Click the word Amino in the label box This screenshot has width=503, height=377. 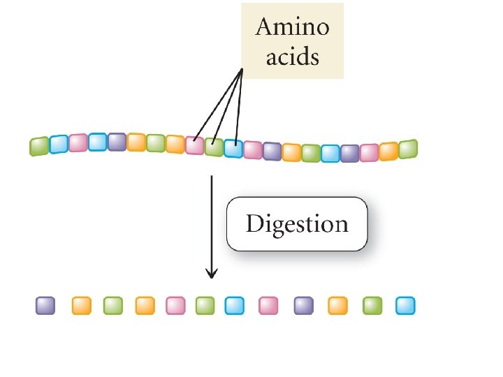(x=292, y=29)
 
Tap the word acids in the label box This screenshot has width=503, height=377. (x=292, y=56)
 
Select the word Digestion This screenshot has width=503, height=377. (x=296, y=224)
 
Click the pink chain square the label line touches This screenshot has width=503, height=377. (x=194, y=146)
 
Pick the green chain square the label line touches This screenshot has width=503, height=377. (x=214, y=147)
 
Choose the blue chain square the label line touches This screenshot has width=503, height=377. (x=233, y=149)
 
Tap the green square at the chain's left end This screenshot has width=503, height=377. (x=39, y=147)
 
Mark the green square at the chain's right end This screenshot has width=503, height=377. (x=408, y=149)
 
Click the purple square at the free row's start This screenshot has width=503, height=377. (x=45, y=306)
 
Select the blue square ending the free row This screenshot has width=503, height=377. (x=405, y=306)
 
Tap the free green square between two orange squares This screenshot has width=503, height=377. (x=113, y=306)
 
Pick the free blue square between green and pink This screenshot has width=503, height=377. (x=235, y=306)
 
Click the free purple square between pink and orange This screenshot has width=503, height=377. (x=303, y=306)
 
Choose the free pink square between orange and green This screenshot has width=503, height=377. (x=175, y=306)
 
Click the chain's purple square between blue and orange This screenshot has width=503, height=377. (x=117, y=142)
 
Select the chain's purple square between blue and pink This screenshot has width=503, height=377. (x=349, y=153)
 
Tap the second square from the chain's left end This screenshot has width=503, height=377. (x=59, y=144)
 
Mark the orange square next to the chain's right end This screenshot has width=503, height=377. (x=388, y=151)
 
